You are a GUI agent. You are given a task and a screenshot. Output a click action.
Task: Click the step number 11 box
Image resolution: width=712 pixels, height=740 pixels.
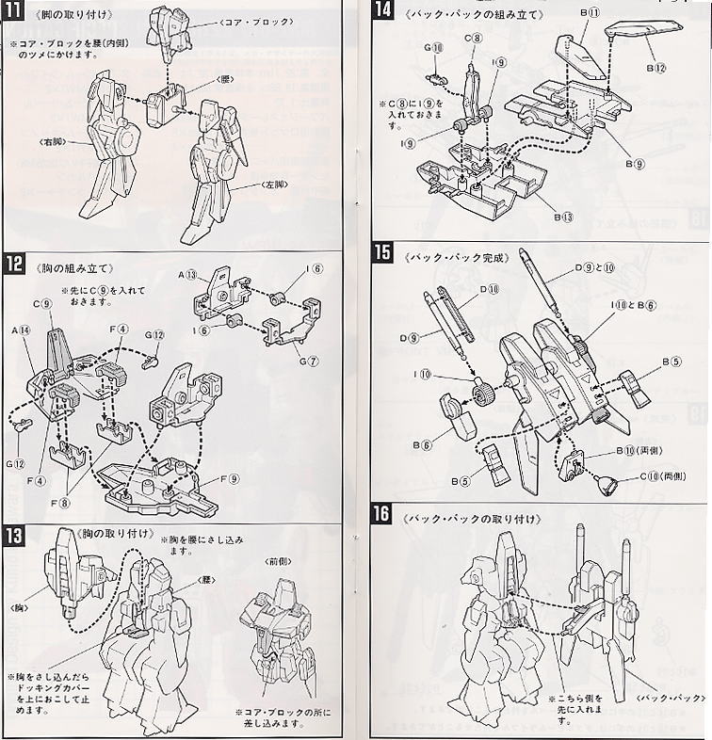click(15, 16)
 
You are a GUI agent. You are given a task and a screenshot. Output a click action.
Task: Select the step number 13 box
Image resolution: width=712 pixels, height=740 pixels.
click(16, 533)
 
